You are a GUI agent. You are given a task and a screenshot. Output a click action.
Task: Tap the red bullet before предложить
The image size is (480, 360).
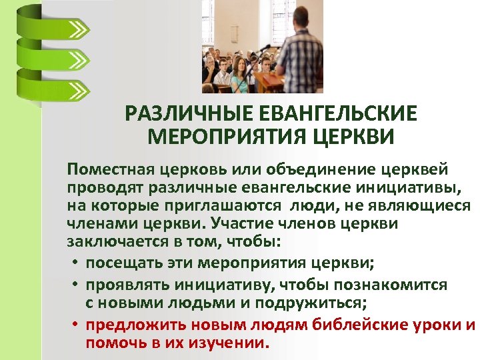(x=77, y=325)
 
